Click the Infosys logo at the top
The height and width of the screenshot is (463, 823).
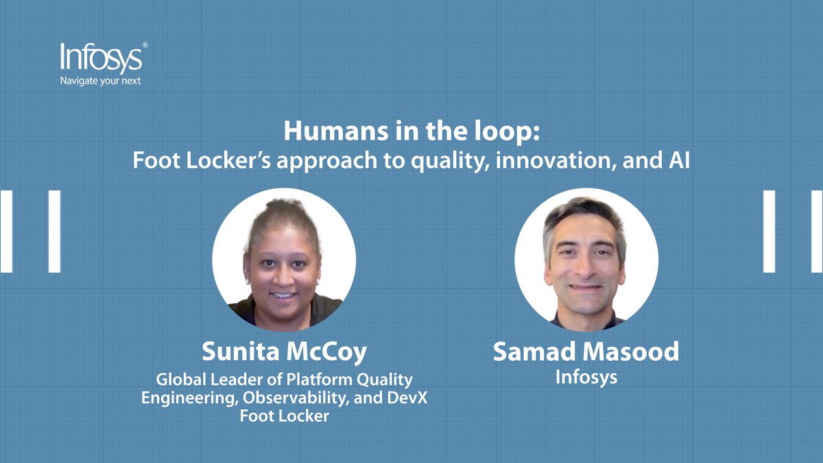102,58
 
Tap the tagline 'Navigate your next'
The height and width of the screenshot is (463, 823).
100,81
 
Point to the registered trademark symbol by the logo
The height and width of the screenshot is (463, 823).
145,45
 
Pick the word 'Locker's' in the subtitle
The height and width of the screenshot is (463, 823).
228,161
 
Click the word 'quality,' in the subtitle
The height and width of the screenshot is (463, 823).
450,161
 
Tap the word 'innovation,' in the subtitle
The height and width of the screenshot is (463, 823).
556,161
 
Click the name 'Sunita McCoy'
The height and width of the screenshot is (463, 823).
285,352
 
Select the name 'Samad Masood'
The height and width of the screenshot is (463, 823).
586,351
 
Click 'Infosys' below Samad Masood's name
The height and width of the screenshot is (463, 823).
586,377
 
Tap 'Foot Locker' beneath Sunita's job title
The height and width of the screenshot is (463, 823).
285,416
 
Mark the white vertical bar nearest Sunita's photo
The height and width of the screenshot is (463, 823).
54,232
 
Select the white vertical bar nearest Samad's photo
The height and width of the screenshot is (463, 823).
770,232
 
